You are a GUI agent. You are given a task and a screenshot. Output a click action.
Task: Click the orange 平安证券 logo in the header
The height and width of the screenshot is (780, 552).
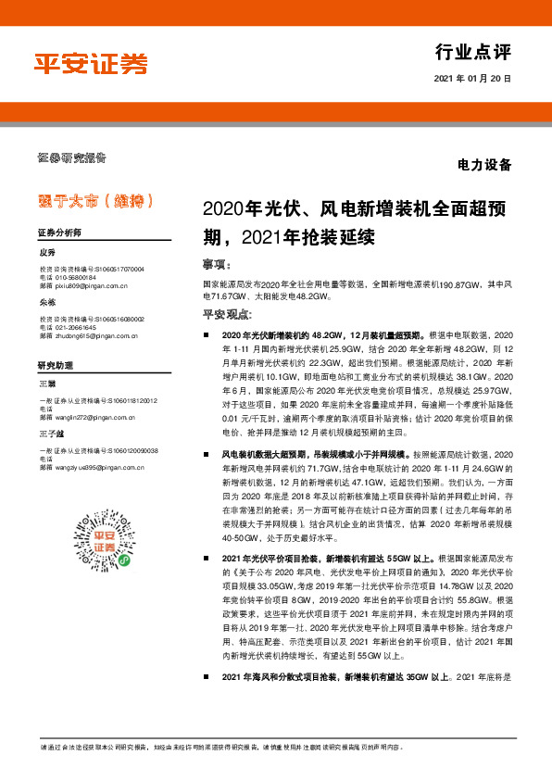coord(91,63)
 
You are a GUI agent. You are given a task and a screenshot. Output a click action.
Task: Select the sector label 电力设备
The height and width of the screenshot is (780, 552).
coord(484,167)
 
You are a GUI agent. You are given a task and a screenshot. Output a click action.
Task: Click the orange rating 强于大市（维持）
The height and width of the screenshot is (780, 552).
coord(89,200)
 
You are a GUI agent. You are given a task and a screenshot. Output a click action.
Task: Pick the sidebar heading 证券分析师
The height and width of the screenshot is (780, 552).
coord(59,232)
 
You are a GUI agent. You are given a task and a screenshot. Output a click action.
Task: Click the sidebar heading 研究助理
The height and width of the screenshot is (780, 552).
coord(54,365)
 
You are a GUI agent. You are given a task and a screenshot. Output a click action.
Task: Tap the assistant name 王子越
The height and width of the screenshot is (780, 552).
coord(52,433)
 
